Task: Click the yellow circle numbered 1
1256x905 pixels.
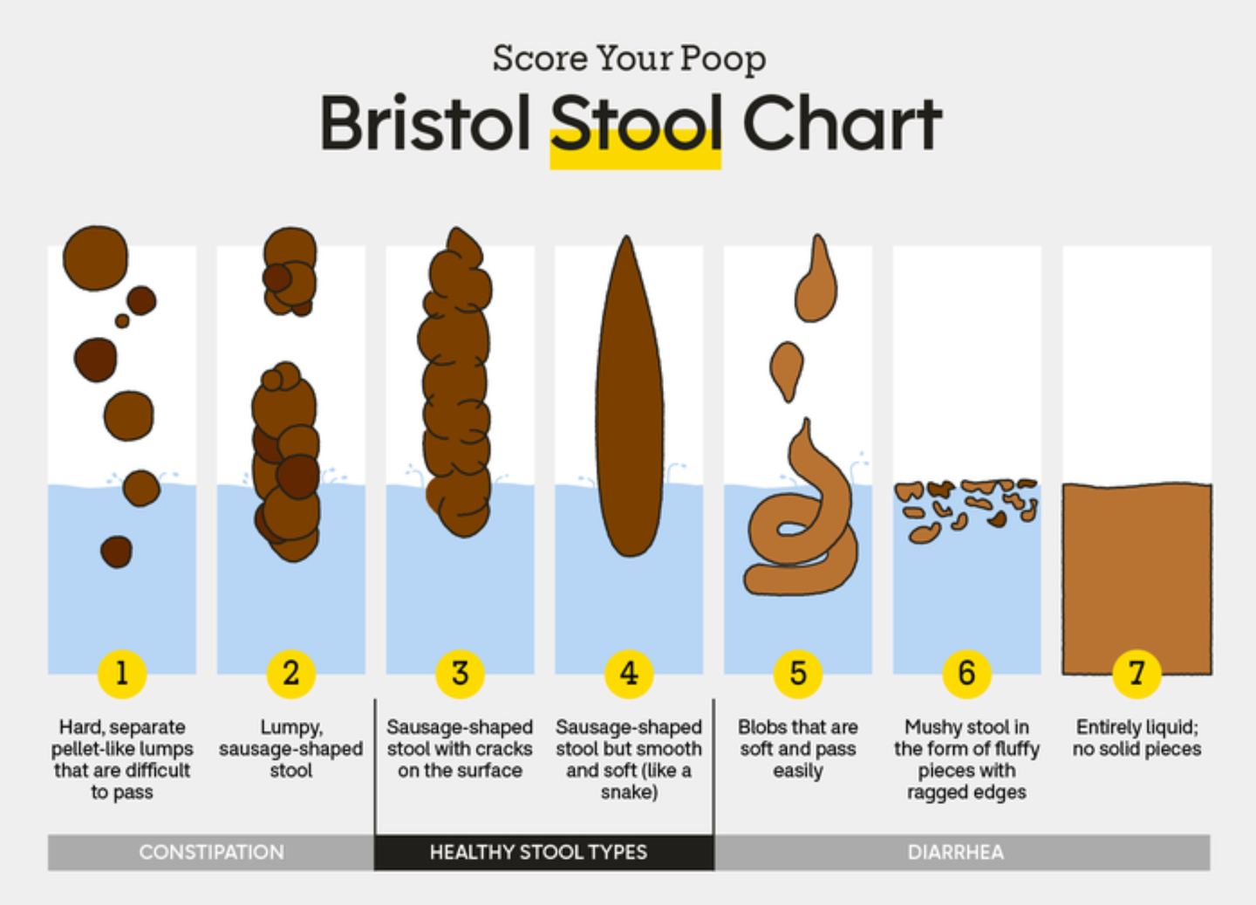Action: coord(122,673)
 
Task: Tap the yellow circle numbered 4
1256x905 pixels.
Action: coord(629,673)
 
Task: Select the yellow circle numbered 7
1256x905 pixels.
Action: coord(1137,673)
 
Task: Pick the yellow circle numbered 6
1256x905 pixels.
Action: coord(966,673)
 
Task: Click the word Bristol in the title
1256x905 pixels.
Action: coord(425,122)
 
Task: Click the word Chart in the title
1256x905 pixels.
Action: coord(843,122)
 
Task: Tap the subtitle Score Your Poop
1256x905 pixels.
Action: coord(629,59)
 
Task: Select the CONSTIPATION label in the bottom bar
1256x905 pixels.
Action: coord(211,853)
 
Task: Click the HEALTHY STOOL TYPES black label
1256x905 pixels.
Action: coord(538,853)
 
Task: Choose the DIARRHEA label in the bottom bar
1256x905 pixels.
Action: coord(956,853)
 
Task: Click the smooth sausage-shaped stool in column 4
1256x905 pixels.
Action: coord(629,395)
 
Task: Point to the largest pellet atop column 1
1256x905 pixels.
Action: coord(95,258)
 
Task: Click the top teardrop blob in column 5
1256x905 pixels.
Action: coord(816,279)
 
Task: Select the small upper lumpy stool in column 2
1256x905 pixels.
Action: coord(290,271)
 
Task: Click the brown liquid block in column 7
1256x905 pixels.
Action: coord(1137,578)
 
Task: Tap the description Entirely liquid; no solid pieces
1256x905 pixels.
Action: coord(1137,738)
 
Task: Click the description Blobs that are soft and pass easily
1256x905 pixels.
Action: coord(798,749)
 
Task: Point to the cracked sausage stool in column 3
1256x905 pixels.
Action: coord(455,381)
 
